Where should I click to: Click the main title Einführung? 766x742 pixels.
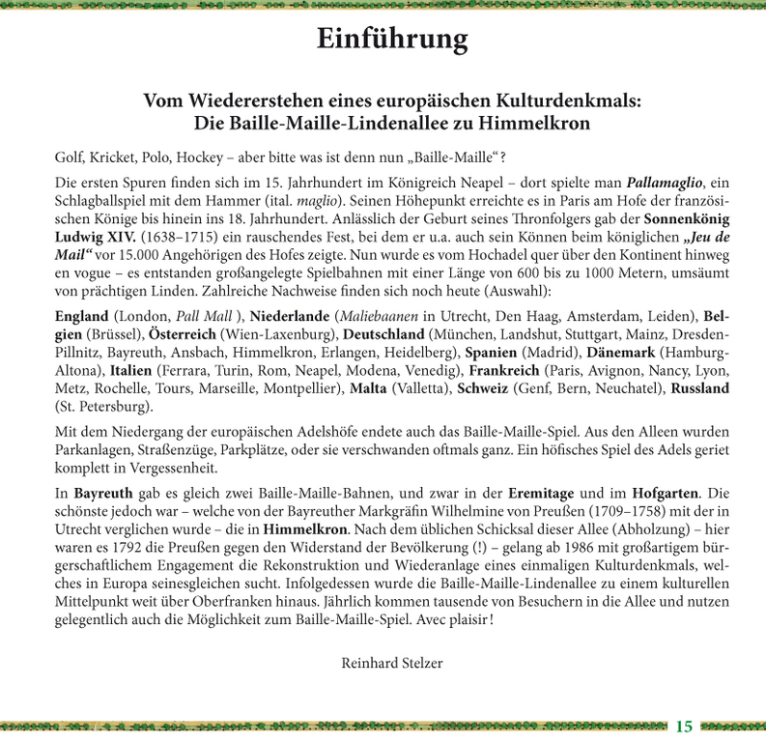[x=392, y=40]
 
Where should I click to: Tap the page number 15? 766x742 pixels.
[x=684, y=726]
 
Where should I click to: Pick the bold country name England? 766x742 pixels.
[x=82, y=316]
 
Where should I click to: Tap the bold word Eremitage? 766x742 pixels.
[x=534, y=493]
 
